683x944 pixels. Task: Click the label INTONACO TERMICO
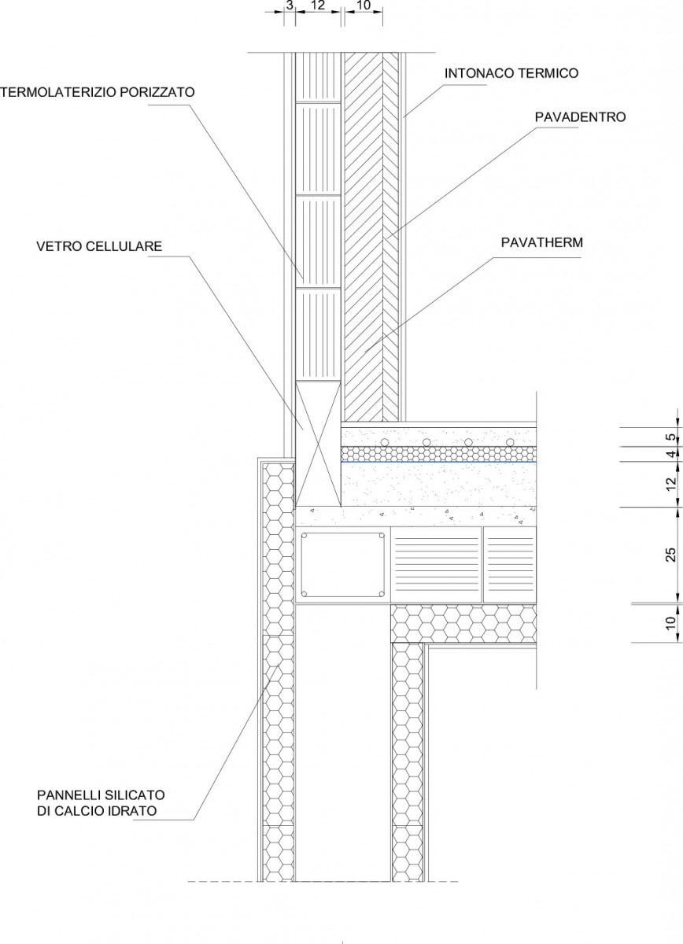(x=511, y=73)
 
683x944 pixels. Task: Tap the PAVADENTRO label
(x=580, y=117)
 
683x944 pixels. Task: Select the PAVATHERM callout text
(x=542, y=243)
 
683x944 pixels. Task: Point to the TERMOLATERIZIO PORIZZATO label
(x=98, y=92)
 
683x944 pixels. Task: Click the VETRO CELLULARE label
(x=99, y=246)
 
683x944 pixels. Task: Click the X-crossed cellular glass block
(x=318, y=444)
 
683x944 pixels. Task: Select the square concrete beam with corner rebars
(x=342, y=564)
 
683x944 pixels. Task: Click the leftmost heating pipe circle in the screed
(x=385, y=442)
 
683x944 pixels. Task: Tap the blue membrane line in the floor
(x=438, y=462)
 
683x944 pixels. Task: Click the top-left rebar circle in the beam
(x=305, y=536)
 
